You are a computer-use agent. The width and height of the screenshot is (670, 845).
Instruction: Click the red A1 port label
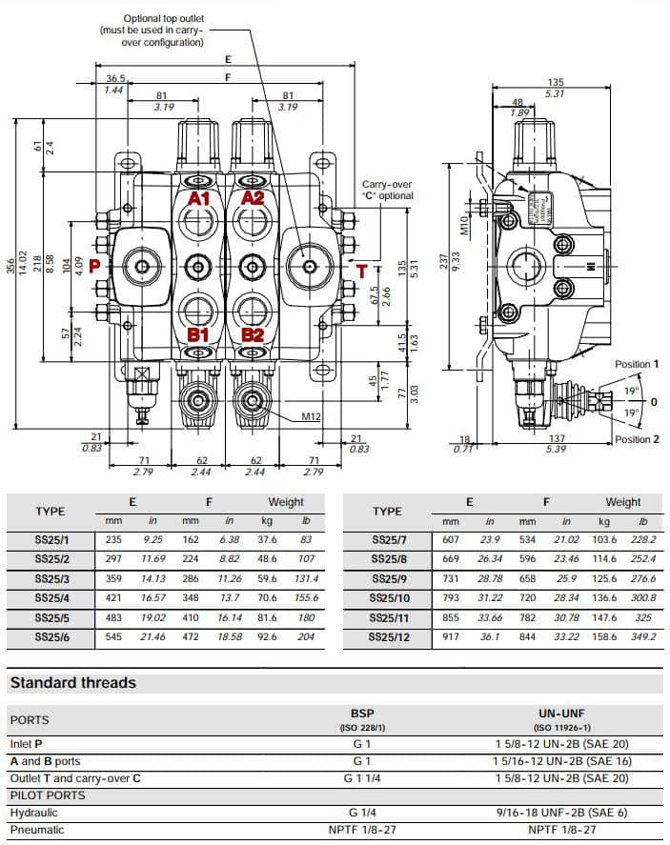click(198, 198)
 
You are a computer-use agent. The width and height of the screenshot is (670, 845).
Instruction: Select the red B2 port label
click(253, 334)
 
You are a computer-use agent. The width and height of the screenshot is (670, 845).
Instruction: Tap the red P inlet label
click(95, 266)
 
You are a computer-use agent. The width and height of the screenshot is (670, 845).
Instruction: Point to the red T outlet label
click(362, 271)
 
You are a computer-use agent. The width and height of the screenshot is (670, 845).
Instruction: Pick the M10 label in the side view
click(464, 225)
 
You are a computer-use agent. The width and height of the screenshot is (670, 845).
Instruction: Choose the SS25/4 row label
click(51, 599)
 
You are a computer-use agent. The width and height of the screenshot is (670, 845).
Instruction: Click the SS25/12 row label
click(390, 637)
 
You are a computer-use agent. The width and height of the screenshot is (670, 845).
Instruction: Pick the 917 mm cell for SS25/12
click(451, 637)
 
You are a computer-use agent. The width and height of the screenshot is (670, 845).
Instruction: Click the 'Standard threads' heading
click(72, 683)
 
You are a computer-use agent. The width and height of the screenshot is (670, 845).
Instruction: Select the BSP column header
click(361, 713)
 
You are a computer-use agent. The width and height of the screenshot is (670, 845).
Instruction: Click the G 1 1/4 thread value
click(361, 778)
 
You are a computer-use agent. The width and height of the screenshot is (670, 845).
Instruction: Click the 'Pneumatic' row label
click(37, 830)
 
